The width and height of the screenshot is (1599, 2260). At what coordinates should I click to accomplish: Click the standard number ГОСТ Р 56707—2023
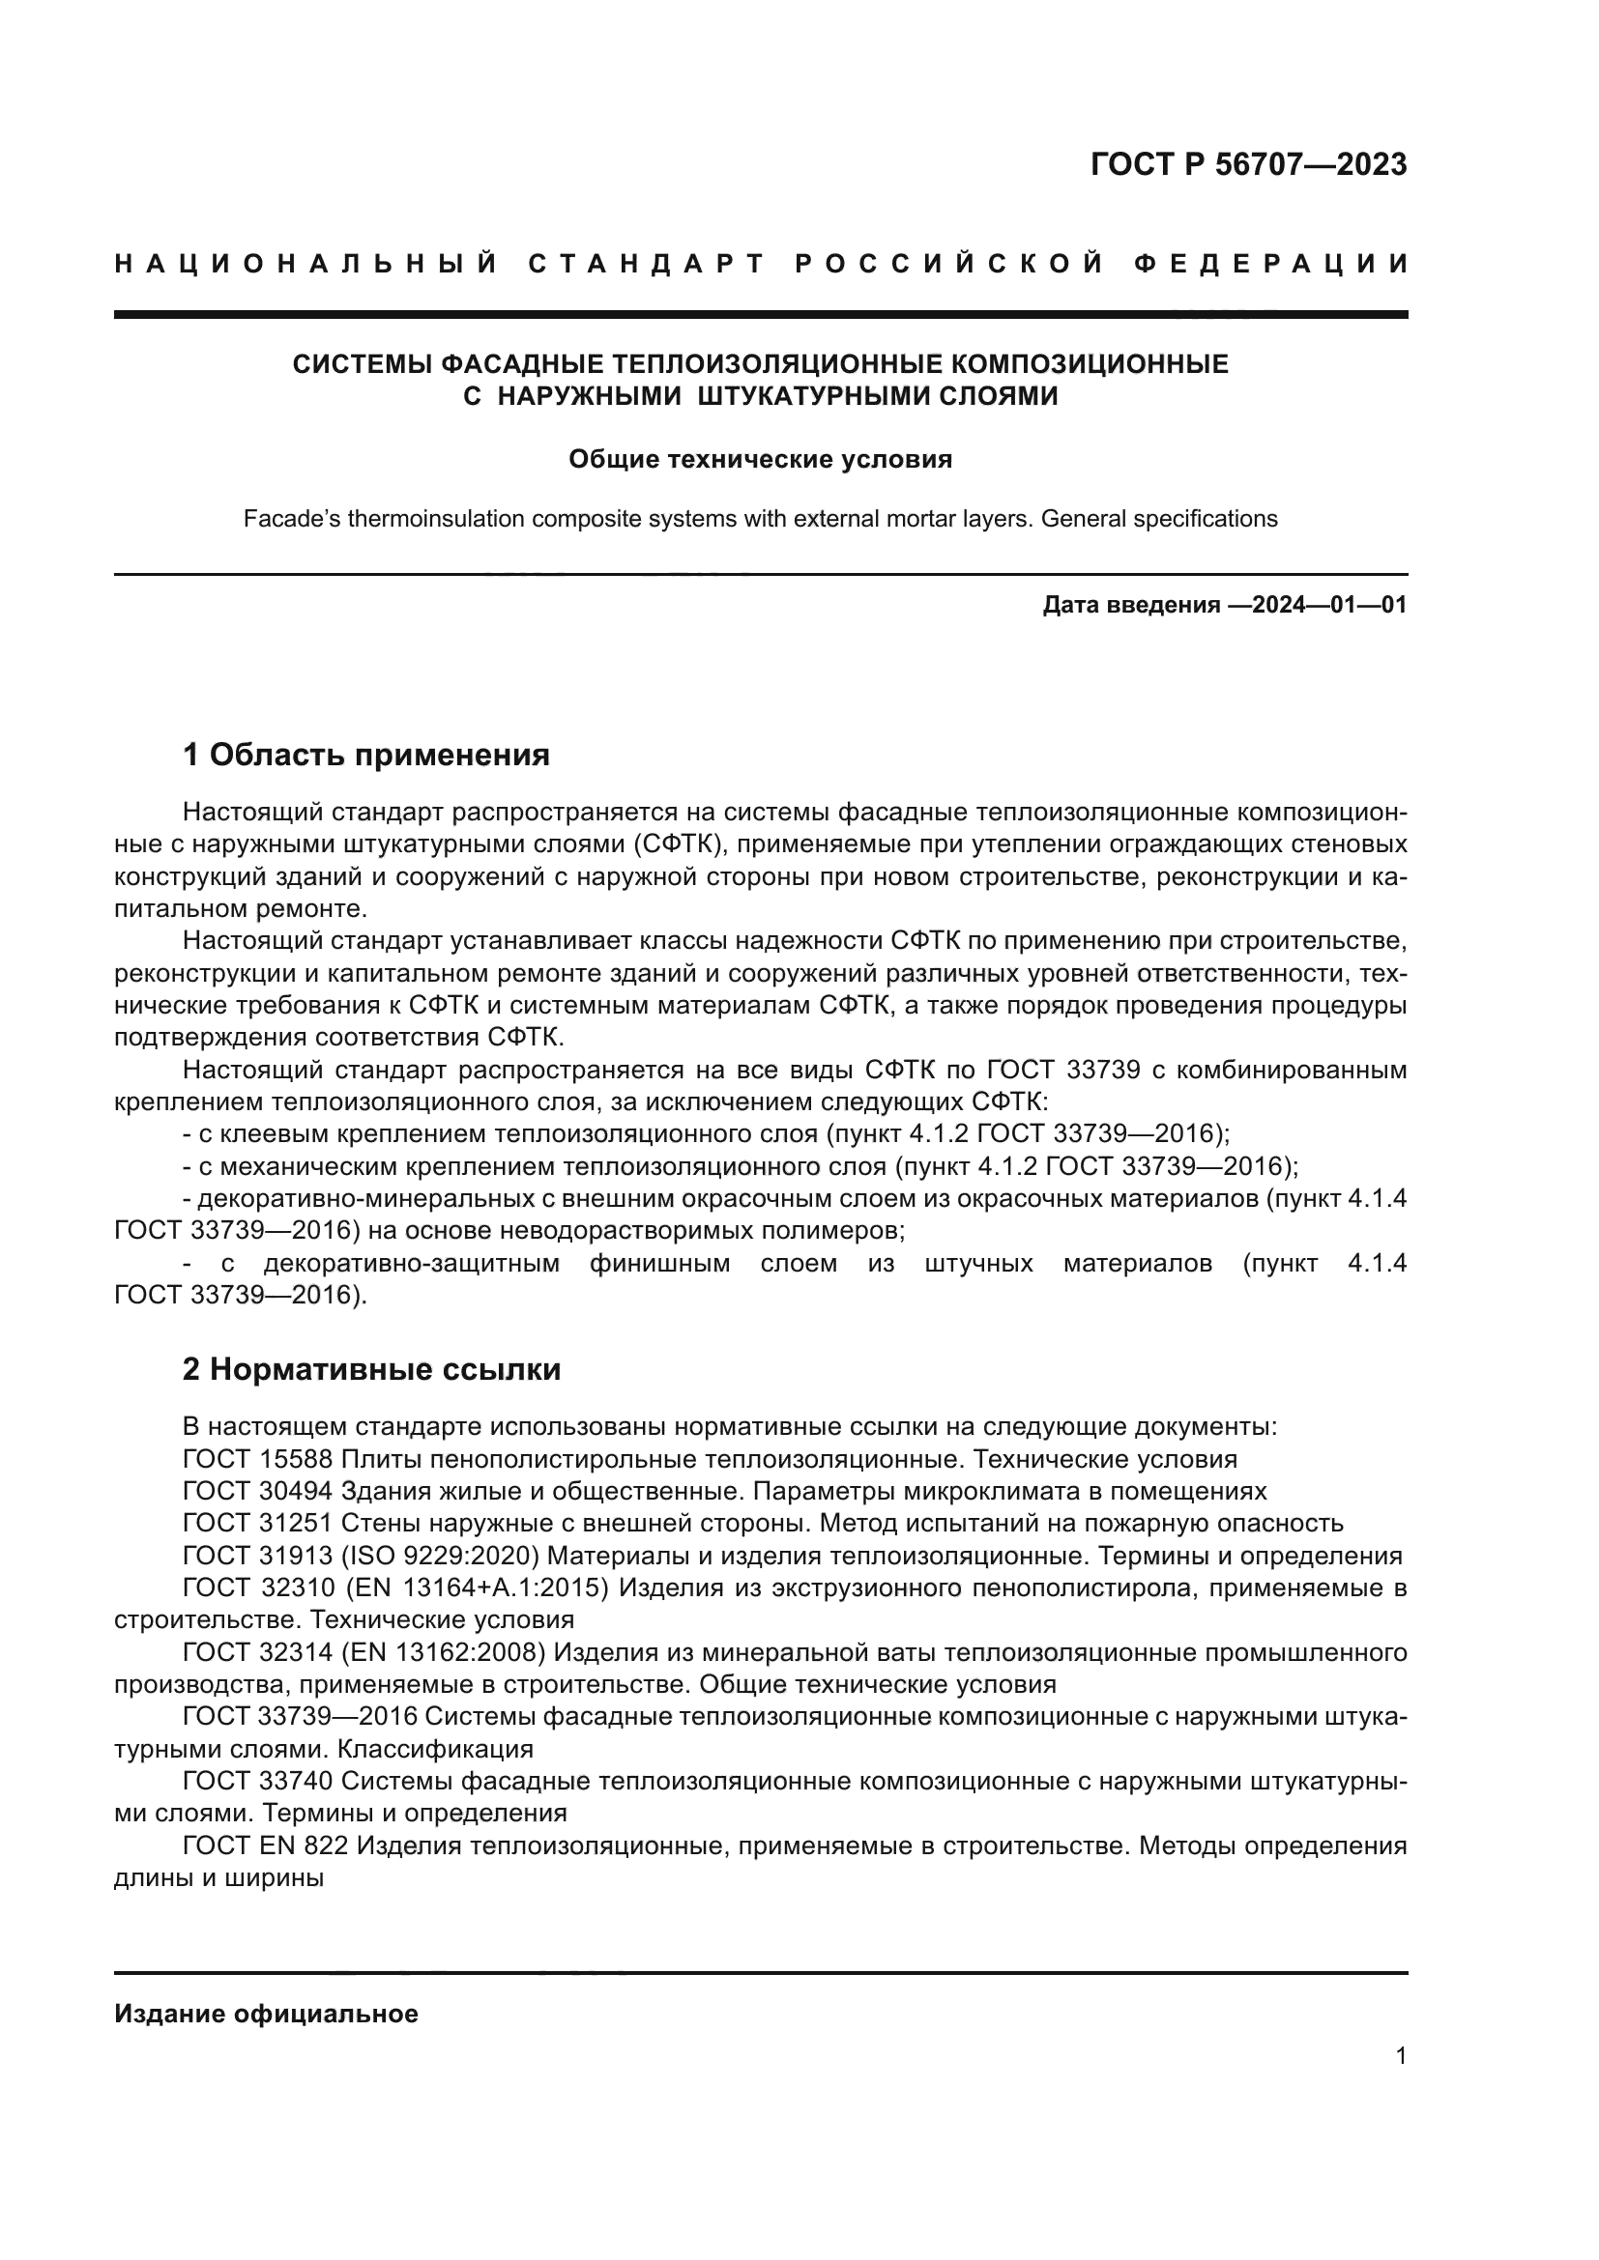[1248, 164]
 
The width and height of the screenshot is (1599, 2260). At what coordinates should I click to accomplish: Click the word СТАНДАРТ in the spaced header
[647, 264]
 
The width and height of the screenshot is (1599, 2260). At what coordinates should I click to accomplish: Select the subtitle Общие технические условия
[760, 460]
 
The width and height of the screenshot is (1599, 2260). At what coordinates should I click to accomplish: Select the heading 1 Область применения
[365, 755]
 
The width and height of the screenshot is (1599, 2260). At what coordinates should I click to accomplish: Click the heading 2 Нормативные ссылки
[371, 1369]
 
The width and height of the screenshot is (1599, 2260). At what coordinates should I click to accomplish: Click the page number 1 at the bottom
[1400, 2055]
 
